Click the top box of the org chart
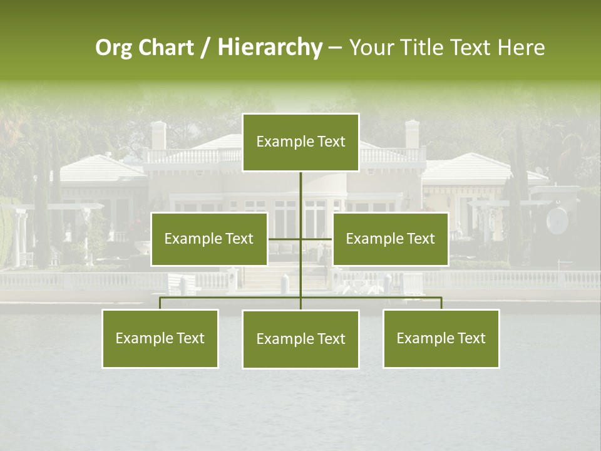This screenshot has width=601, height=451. (x=300, y=142)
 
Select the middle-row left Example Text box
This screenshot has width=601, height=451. (x=209, y=239)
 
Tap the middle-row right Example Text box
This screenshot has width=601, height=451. (x=390, y=239)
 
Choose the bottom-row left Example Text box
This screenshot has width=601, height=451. (x=160, y=338)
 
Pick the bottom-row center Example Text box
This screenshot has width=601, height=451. (x=300, y=339)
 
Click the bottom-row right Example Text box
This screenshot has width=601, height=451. (x=441, y=338)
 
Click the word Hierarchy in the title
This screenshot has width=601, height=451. (x=270, y=47)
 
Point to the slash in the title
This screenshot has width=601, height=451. (x=205, y=48)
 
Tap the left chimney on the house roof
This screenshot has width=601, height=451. (x=158, y=134)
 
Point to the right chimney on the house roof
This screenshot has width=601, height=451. (x=411, y=133)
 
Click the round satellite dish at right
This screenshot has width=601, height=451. (x=557, y=219)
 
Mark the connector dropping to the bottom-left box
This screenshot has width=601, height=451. (x=160, y=303)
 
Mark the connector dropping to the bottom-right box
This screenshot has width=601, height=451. (x=441, y=303)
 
